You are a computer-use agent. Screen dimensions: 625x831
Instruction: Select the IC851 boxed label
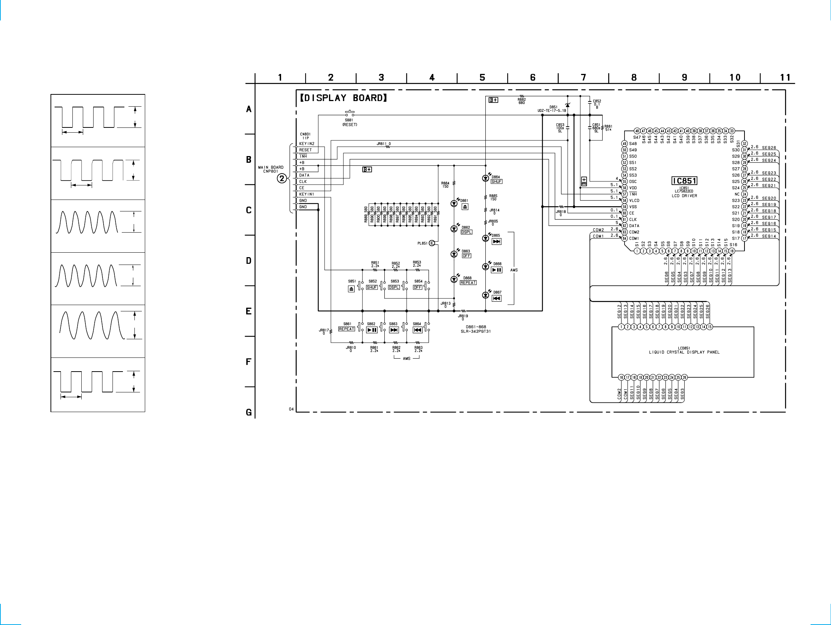pos(684,181)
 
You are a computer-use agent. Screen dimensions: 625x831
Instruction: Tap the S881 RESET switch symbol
pos(350,113)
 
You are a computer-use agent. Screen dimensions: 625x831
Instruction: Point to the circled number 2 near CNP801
pos(282,179)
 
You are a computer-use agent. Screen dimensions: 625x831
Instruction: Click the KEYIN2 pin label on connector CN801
pos(307,144)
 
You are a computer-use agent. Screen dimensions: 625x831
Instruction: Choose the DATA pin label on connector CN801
pos(304,175)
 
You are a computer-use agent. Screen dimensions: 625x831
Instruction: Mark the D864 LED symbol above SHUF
pos(485,178)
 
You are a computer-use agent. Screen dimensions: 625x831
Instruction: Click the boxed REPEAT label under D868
pos(468,283)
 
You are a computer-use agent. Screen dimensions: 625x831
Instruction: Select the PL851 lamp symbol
pos(432,243)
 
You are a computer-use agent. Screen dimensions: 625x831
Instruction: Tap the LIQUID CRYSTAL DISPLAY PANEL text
pos(684,352)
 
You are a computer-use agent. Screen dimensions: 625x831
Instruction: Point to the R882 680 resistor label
pos(521,101)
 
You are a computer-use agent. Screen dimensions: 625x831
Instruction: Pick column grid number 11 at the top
pos(785,77)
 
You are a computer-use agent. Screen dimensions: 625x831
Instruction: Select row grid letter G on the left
pos(249,412)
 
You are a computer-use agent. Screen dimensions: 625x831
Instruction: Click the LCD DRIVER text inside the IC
pos(684,195)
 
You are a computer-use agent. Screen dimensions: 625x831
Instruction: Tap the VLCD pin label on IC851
pos(634,200)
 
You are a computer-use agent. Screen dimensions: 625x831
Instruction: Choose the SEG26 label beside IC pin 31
pos(769,148)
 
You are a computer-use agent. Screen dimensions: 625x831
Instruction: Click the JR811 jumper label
pos(383,144)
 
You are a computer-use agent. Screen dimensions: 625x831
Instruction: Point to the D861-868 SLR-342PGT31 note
pos(476,329)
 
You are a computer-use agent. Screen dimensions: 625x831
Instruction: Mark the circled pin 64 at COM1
pos(625,239)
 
